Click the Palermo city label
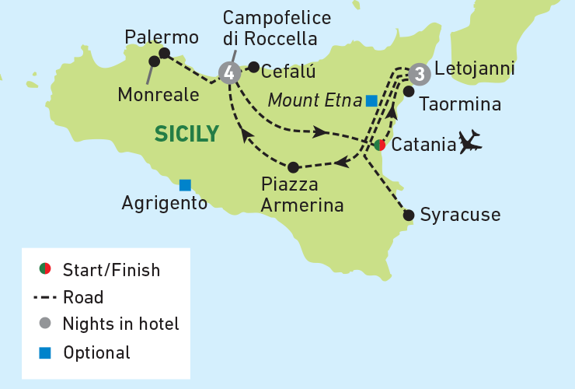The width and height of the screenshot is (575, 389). [162, 37]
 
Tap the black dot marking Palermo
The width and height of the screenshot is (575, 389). [164, 54]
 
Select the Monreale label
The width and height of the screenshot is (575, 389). [159, 94]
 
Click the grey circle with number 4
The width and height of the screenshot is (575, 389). [228, 73]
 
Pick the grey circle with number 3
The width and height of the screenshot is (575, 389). [419, 74]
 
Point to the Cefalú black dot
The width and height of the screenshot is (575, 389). [253, 67]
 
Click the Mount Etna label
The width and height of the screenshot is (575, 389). [314, 100]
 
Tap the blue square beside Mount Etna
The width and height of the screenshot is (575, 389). [371, 100]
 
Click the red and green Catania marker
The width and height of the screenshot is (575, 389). [379, 145]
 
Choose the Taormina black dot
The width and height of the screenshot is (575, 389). [409, 91]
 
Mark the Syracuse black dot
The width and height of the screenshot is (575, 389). [409, 216]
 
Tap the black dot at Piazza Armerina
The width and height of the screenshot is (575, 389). [293, 167]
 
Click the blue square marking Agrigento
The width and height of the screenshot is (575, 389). [185, 184]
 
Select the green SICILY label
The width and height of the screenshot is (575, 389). [186, 134]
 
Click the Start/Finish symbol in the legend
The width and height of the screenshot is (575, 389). [45, 270]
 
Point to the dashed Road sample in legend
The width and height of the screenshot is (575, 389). [46, 297]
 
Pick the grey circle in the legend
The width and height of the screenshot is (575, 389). [45, 324]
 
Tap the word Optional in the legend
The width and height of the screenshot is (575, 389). [97, 352]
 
